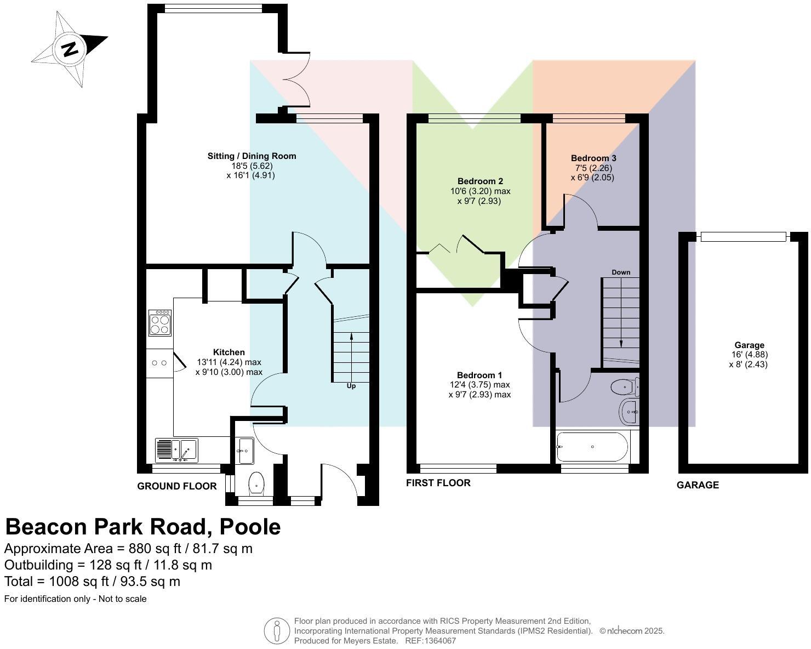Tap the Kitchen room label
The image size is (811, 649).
click(229, 352)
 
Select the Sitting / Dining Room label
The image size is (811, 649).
click(252, 156)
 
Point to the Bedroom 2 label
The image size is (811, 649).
click(480, 181)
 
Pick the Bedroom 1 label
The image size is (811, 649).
click(479, 375)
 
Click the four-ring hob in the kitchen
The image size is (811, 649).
click(160, 323)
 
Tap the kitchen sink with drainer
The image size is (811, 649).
click(176, 449)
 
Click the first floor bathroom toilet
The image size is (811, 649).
click(624, 388)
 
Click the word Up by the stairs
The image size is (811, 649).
click(351, 386)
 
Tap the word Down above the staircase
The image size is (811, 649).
click(621, 272)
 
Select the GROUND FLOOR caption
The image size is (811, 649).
click(177, 486)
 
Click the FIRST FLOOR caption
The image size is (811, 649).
click(438, 483)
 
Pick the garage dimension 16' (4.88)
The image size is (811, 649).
click(749, 355)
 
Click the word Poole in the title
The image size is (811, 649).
click(250, 527)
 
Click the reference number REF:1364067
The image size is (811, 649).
click(430, 641)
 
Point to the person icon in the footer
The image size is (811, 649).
click(277, 631)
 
